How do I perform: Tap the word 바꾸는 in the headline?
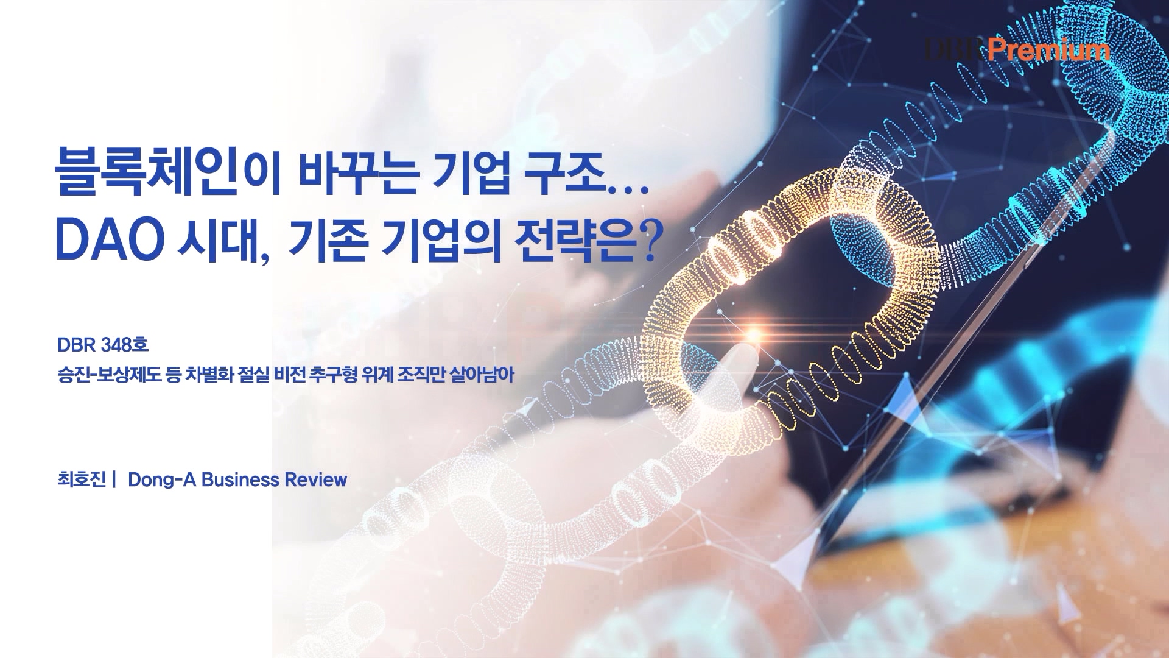[358, 172]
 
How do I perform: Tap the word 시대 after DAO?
[219, 239]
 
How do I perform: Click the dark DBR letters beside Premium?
[955, 49]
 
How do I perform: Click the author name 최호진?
[82, 479]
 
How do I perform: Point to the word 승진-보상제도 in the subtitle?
[110, 375]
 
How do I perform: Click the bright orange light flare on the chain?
[754, 334]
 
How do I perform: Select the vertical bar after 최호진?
[114, 479]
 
